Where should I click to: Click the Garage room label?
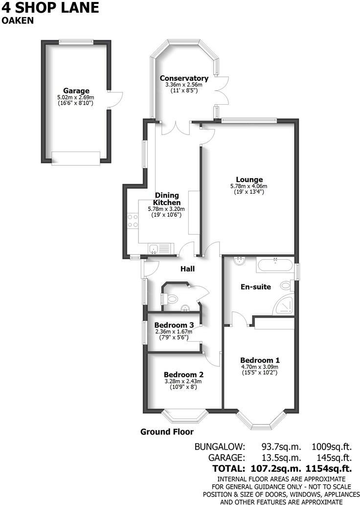(76, 91)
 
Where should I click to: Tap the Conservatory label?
(184, 78)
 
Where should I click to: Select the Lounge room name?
(249, 180)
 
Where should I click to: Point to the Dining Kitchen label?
(167, 199)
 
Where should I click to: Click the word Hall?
(187, 269)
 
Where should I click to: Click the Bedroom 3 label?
(174, 325)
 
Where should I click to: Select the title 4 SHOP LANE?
(50, 8)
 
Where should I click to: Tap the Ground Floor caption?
(167, 432)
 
